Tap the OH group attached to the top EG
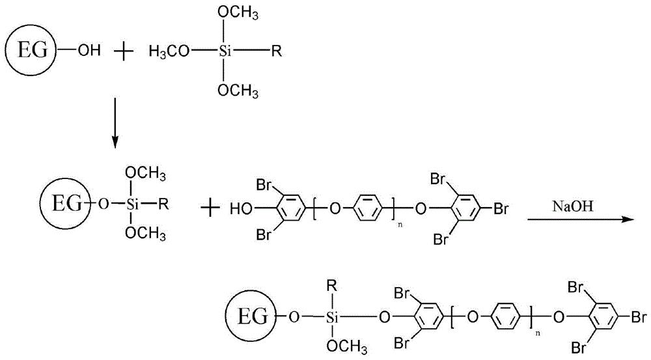click(x=89, y=50)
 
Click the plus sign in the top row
click(x=122, y=50)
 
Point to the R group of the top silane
click(x=276, y=51)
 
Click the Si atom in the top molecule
click(x=225, y=51)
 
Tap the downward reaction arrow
click(x=115, y=121)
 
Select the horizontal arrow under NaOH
click(x=579, y=219)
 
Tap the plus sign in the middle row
click(x=210, y=209)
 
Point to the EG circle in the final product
click(x=251, y=318)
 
